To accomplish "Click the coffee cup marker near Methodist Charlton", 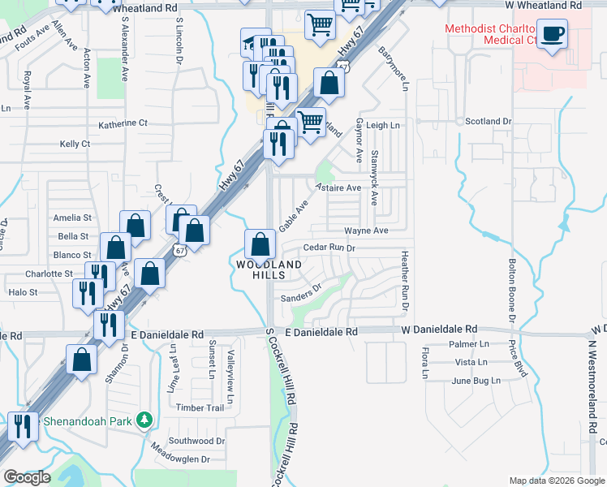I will [553, 35].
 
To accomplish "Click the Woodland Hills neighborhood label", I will [269, 269].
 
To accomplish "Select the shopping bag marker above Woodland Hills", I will [259, 243].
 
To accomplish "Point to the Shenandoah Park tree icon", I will [144, 420].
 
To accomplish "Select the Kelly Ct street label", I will [75, 144].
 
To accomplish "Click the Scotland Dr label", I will [489, 121].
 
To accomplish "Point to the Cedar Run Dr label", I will [329, 248].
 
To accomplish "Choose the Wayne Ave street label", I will [366, 231].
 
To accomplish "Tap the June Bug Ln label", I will [472, 381].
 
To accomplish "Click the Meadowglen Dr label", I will [177, 458].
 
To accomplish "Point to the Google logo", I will [27, 477].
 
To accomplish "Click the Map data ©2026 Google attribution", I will [557, 481].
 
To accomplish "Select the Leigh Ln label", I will [383, 126].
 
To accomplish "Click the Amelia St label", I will [67, 218].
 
